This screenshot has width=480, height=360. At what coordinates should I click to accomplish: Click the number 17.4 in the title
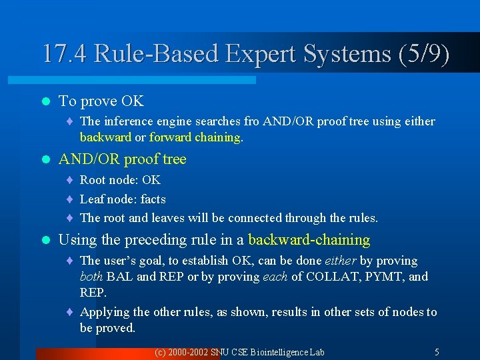pos(65,54)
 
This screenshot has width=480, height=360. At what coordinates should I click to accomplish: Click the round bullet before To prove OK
pos(45,101)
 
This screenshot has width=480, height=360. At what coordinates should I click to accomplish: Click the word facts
pos(153,199)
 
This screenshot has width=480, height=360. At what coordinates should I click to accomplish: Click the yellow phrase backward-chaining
pos(309,239)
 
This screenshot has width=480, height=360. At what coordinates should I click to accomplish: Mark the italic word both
pos(91,277)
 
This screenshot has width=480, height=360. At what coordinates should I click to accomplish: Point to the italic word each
pos(275,277)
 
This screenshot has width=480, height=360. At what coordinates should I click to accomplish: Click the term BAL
pos(120,277)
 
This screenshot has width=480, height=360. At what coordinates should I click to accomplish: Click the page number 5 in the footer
pos(437,352)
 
